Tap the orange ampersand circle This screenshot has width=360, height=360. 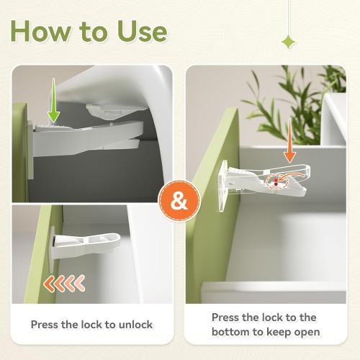click(x=177, y=200)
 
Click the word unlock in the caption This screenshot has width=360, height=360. click(x=134, y=325)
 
